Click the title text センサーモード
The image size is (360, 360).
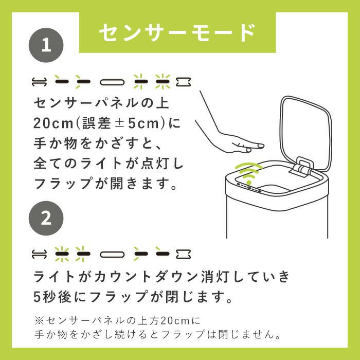click(177, 32)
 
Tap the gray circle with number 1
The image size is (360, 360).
click(46, 45)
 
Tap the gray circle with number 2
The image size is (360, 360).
click(46, 218)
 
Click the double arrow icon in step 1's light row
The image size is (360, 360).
click(39, 82)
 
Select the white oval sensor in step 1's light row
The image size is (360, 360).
click(112, 82)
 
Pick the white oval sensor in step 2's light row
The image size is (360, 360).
click(112, 254)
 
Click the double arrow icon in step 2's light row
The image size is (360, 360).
click(39, 254)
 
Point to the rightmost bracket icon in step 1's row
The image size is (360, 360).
click(183, 82)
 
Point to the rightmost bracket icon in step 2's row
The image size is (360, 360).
click(183, 254)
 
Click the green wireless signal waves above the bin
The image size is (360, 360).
click(248, 172)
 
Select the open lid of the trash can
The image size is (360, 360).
click(305, 133)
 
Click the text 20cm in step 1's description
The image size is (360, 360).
click(53, 123)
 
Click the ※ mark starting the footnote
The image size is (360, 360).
click(39, 320)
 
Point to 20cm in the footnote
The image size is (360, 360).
click(175, 320)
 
